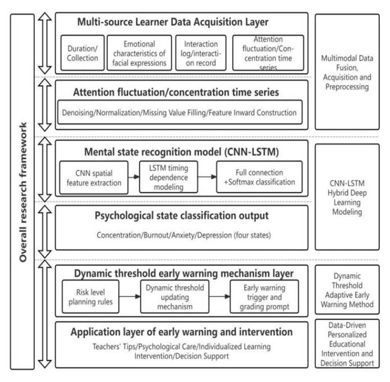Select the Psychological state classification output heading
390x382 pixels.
coord(181,216)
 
